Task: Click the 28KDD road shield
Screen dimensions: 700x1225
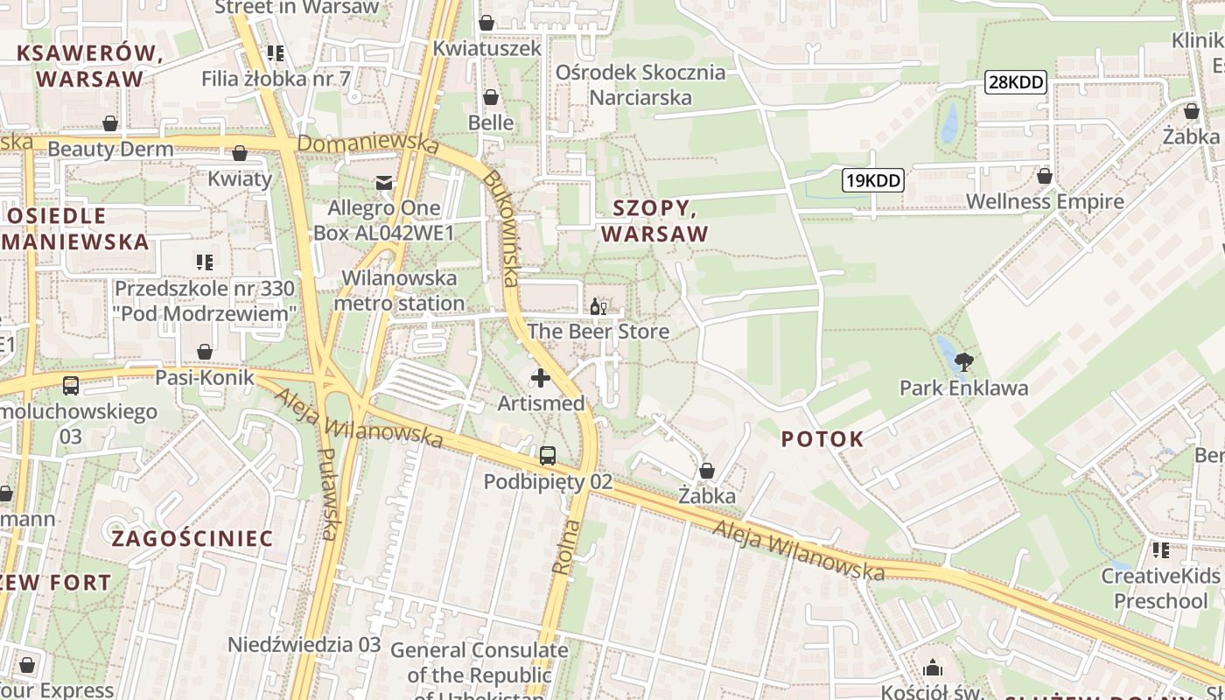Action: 1016,82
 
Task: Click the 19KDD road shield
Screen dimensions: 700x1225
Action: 872,181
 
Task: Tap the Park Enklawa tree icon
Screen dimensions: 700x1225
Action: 964,362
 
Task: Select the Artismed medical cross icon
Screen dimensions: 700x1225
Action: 541,378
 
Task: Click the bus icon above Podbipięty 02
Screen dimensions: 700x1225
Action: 548,455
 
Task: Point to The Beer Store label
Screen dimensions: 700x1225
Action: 598,332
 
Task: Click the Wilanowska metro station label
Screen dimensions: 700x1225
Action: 399,290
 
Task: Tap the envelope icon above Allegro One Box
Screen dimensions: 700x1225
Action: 383,182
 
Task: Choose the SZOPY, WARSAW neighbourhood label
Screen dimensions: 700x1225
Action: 654,220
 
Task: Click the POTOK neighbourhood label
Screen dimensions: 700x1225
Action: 822,439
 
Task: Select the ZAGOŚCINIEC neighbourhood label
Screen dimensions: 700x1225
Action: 192,538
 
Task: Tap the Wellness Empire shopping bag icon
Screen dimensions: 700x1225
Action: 1044,176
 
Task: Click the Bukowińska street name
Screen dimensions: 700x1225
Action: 500,228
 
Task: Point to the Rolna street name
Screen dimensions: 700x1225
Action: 566,547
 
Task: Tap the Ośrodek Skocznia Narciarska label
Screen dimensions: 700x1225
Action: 640,84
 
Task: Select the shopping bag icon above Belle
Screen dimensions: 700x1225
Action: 491,96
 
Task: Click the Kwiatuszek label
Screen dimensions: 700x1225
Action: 486,48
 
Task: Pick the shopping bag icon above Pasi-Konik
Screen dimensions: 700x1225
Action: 205,352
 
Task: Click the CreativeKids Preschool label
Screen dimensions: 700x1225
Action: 1160,588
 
